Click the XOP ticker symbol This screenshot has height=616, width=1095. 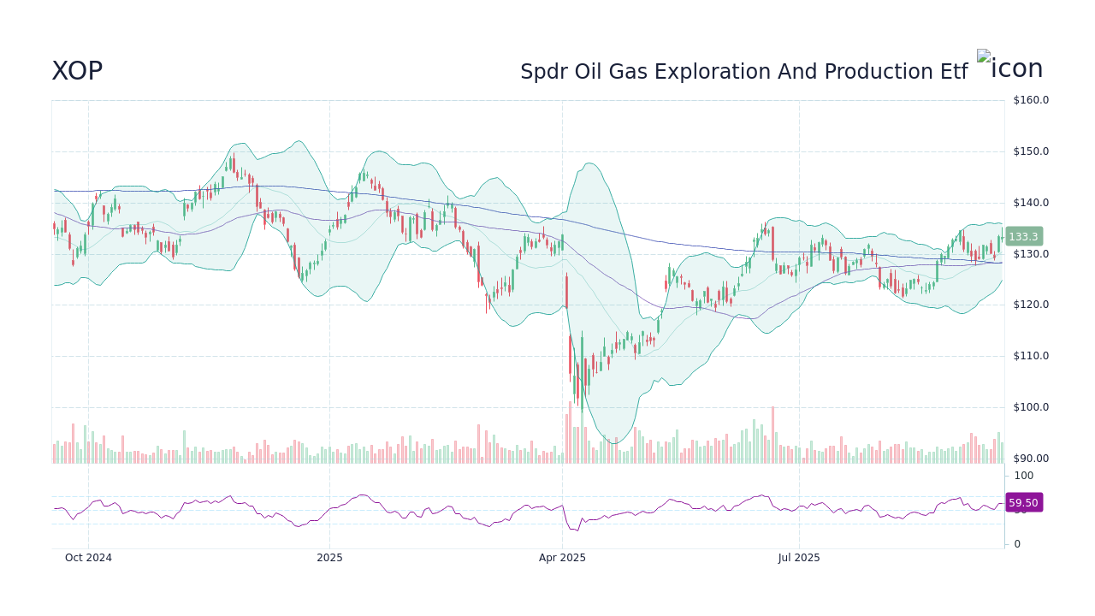[77, 71]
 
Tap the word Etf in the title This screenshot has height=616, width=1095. [953, 73]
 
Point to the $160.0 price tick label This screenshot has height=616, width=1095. [1030, 100]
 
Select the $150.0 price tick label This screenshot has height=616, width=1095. [1030, 151]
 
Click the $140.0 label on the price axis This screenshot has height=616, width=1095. [1030, 203]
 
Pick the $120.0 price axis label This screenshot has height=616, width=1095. [1030, 305]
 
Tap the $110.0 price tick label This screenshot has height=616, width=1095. [1030, 356]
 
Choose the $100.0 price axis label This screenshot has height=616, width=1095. [1030, 407]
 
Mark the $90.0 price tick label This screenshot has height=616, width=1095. [1030, 459]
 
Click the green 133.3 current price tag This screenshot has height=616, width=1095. [1023, 237]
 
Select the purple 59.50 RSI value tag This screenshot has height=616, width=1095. [1023, 503]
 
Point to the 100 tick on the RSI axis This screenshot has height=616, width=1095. [1024, 476]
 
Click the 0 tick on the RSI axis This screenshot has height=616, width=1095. [1017, 544]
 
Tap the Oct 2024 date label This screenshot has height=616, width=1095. [88, 558]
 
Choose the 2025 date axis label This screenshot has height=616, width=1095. [329, 558]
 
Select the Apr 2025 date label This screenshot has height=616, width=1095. [562, 558]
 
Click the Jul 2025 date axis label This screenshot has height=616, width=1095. [799, 558]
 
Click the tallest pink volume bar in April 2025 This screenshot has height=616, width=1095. [570, 433]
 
